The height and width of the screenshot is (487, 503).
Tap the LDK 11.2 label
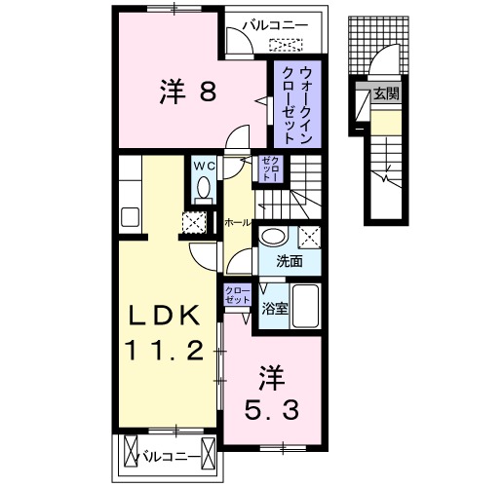click(x=168, y=332)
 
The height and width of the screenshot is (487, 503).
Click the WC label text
click(x=203, y=166)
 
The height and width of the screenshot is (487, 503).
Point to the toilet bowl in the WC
click(x=203, y=190)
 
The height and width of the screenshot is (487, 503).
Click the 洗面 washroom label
click(x=287, y=260)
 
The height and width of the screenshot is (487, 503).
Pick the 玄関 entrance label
click(x=385, y=94)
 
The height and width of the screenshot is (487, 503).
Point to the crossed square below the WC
click(x=194, y=221)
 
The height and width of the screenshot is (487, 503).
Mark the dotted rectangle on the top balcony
click(x=287, y=43)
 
